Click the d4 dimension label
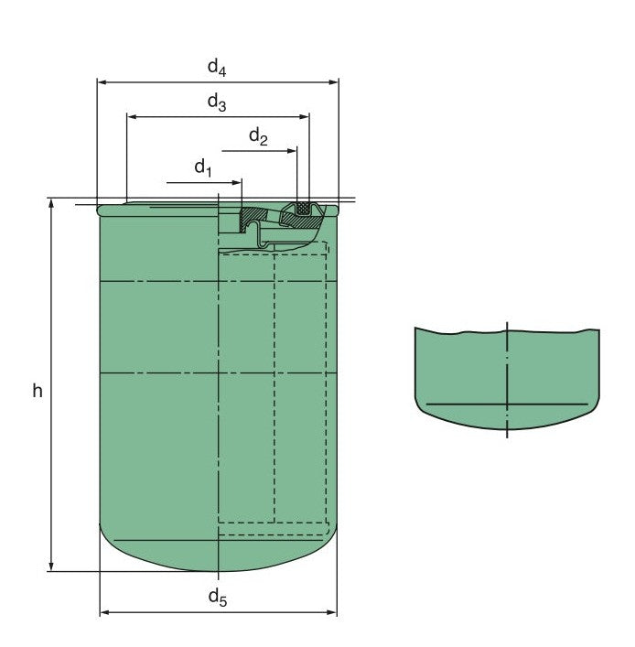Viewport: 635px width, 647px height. coord(217,67)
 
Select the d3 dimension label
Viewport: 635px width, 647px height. coord(217,102)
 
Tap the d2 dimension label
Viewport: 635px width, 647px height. coord(259,136)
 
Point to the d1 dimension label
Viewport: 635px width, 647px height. coord(203,168)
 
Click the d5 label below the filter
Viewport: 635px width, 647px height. coord(218,598)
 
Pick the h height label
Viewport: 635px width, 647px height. coord(38,391)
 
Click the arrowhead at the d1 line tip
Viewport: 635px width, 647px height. coord(237,182)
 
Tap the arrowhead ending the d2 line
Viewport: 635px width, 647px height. coord(292,151)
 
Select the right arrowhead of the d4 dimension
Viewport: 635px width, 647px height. coord(333,82)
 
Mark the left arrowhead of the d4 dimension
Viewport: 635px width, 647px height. coord(102,82)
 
